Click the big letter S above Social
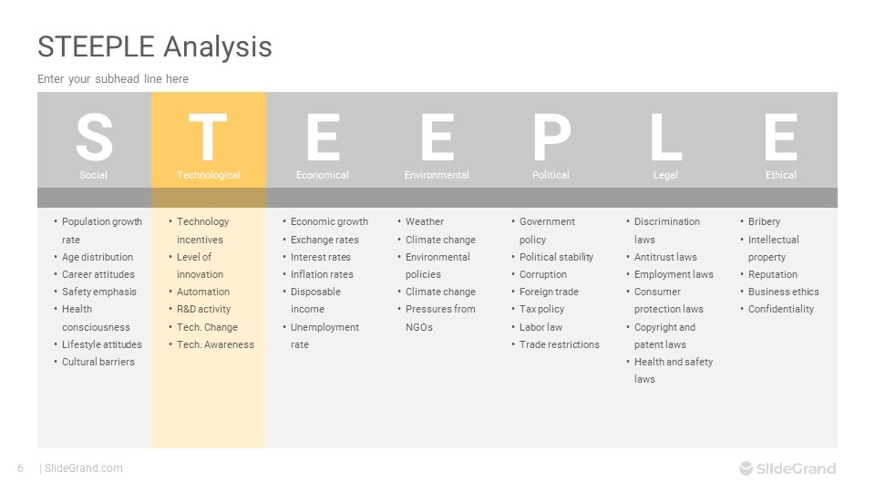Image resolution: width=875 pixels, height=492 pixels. (x=94, y=136)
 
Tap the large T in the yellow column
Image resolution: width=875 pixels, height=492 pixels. (x=208, y=136)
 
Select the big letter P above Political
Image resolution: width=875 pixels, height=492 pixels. (x=552, y=136)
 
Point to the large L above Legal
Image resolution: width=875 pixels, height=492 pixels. (x=665, y=136)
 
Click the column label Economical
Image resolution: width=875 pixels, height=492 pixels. (x=322, y=175)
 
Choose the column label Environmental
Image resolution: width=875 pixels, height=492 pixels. (x=437, y=175)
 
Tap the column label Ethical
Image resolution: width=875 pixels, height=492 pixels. (x=781, y=175)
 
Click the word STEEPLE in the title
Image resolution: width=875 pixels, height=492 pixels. (x=96, y=46)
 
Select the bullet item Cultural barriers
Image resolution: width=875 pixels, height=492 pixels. (x=98, y=362)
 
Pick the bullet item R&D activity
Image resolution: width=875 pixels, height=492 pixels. (x=203, y=309)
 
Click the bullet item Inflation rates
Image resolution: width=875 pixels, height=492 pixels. (x=322, y=274)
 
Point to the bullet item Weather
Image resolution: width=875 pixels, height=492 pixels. (x=425, y=221)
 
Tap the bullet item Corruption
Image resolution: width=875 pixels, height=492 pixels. (x=543, y=274)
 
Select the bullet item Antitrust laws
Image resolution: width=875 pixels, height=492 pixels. (x=665, y=257)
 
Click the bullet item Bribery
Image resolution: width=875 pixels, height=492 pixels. (x=764, y=221)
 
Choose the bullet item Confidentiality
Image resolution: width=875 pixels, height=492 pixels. (x=781, y=309)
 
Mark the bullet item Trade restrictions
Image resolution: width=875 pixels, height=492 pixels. (x=559, y=344)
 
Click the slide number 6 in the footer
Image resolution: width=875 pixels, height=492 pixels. (x=21, y=468)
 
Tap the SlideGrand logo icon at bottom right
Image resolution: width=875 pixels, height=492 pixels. (x=746, y=468)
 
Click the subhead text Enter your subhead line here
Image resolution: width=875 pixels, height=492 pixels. (x=113, y=79)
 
